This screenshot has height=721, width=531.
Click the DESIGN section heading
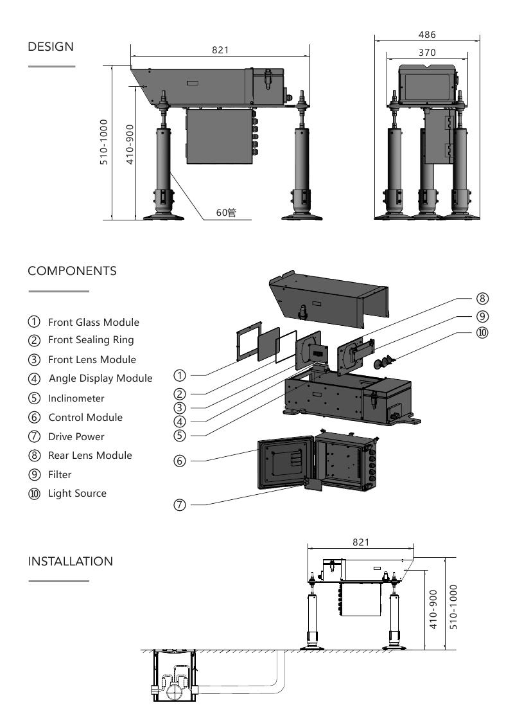pyautogui.click(x=51, y=47)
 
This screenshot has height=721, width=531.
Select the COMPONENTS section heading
pyautogui.click(x=72, y=271)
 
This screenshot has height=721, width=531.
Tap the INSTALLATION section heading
pyautogui.click(x=70, y=561)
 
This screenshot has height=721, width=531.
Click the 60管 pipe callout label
pyautogui.click(x=225, y=212)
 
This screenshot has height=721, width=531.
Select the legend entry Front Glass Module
pyautogui.click(x=93, y=322)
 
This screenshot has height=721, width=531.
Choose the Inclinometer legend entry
pyautogui.click(x=76, y=398)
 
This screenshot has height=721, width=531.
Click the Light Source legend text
pyautogui.click(x=77, y=494)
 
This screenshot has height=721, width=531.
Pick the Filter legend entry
pyautogui.click(x=60, y=474)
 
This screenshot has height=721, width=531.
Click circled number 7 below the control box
pyautogui.click(x=182, y=505)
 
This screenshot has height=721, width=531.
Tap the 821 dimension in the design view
pyautogui.click(x=220, y=50)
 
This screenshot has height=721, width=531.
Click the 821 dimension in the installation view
pyautogui.click(x=361, y=542)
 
